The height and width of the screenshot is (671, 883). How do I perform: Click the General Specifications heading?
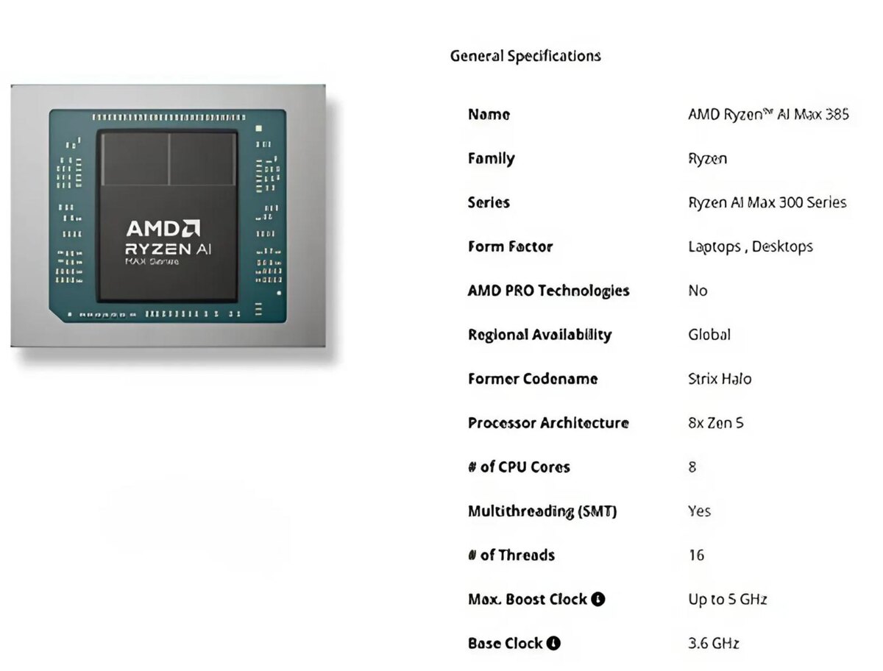525,56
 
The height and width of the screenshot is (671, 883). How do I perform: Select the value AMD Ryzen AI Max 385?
768,114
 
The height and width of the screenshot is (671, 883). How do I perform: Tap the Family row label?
491,158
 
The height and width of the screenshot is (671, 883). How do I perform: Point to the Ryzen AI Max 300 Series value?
767,202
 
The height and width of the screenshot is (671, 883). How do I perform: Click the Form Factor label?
510,246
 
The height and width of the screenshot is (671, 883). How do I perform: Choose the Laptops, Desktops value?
750,246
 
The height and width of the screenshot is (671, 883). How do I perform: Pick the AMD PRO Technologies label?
548,291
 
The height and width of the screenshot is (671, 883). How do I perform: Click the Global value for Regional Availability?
709,335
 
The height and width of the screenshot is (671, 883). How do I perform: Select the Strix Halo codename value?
720,379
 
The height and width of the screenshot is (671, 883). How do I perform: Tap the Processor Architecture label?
548,423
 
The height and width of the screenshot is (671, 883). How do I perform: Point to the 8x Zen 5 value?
715,423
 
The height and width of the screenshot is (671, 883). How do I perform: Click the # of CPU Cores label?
519,466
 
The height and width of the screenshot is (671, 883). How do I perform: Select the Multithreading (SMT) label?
542,511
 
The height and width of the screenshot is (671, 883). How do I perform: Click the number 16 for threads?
696,555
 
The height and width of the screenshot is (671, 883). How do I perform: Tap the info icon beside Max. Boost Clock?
598,599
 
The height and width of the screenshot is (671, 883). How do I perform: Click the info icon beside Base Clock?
553,643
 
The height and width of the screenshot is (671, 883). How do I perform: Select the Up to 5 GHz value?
727,599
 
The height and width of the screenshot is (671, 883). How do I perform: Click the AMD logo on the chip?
163,228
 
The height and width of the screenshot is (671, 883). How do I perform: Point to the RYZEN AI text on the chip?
169,249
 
